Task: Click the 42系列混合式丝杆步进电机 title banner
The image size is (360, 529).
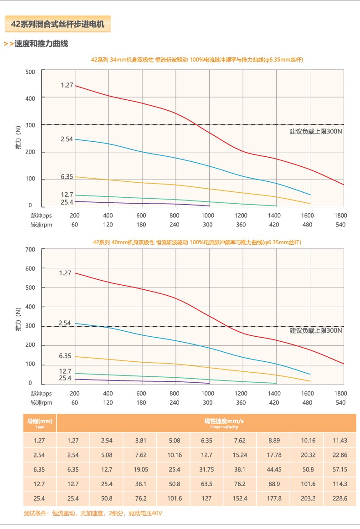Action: coord(58,24)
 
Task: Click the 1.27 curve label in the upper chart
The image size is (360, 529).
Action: coord(67,85)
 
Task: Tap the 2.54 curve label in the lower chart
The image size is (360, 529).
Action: coord(65,323)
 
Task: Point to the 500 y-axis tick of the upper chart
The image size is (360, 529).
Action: coord(30,72)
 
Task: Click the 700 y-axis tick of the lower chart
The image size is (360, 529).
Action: coord(30,250)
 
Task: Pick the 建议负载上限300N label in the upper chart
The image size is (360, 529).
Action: coord(316,132)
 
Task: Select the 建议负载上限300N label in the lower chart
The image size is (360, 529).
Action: coord(316,330)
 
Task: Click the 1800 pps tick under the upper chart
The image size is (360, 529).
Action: coord(340,216)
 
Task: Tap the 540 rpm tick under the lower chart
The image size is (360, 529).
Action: coord(340,402)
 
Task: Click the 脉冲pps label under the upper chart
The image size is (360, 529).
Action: coord(41,216)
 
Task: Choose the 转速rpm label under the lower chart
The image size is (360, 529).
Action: coord(41,402)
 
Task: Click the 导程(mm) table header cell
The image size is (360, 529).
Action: coord(40,423)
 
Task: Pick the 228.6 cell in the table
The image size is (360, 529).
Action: coord(340,498)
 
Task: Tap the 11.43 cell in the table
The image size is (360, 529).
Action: coord(340,440)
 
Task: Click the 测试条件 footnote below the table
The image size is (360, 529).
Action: coord(93,514)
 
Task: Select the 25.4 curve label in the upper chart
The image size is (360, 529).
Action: coord(67,202)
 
